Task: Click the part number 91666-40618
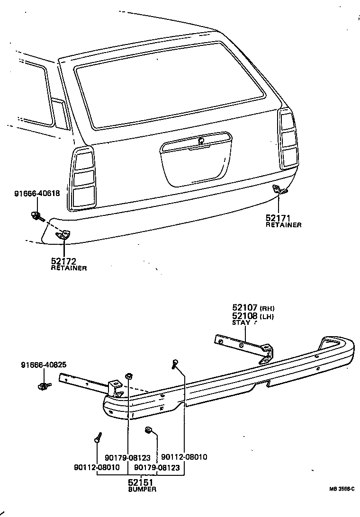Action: (x=37, y=194)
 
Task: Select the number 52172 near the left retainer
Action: (x=63, y=261)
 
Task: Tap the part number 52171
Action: (x=278, y=218)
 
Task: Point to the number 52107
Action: (x=245, y=307)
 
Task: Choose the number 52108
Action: (x=245, y=315)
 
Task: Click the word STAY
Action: (x=241, y=323)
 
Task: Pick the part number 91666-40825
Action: (x=44, y=365)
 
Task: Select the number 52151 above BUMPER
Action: (x=141, y=482)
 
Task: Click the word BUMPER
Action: (x=142, y=490)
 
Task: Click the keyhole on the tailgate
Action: (x=201, y=140)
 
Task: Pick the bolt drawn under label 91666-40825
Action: (x=44, y=386)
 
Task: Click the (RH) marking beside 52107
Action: (x=267, y=308)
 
